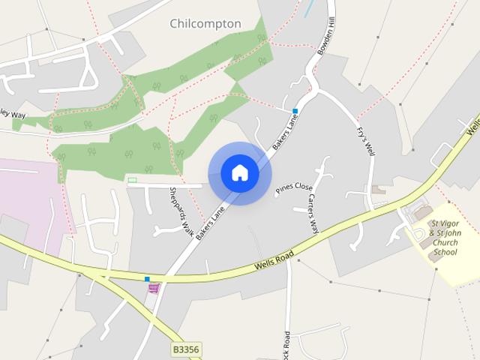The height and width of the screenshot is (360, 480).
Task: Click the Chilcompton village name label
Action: (205, 24)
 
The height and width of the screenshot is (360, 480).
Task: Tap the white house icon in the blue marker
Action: (240, 173)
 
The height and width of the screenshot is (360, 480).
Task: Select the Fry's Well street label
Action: (365, 140)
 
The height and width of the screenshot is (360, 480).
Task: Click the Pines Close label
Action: (293, 187)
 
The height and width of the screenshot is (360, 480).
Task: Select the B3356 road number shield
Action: (186, 349)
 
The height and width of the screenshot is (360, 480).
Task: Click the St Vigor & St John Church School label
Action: (443, 238)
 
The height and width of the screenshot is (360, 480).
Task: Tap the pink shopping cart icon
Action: (154, 287)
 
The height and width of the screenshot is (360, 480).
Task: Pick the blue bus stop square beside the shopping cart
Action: (147, 279)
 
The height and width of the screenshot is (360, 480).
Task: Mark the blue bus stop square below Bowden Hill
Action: (295, 111)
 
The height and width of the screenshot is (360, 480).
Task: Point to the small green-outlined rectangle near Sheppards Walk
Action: (133, 180)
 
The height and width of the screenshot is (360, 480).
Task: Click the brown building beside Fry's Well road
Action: (379, 190)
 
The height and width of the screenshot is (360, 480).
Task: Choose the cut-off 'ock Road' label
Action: (286, 344)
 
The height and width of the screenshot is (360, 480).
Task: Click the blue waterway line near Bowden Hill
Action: (308, 9)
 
